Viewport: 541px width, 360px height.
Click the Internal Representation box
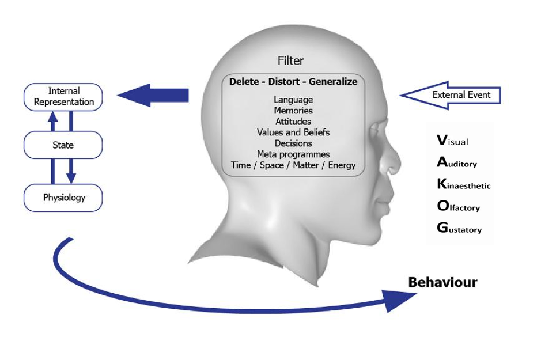click(x=63, y=96)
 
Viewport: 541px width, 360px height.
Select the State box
click(x=63, y=145)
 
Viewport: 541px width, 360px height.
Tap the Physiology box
click(x=63, y=198)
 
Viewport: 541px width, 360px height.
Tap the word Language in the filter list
click(x=293, y=100)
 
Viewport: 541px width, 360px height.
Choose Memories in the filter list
click(x=293, y=111)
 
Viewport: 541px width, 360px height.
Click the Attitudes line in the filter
click(x=293, y=122)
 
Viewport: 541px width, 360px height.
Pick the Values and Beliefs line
click(x=293, y=132)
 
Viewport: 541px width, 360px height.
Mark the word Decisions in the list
click(x=293, y=143)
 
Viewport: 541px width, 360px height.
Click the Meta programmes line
click(x=293, y=154)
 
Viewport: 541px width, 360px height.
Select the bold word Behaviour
click(x=442, y=283)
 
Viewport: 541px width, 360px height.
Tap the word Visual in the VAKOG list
click(x=453, y=141)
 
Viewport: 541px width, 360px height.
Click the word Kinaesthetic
click(x=464, y=185)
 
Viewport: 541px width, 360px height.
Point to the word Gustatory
click(x=459, y=228)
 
